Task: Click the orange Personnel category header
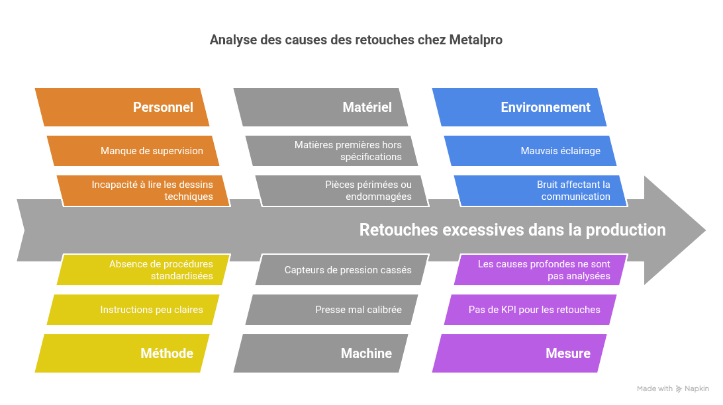122,107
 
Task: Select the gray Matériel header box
321,107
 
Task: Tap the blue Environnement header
520,107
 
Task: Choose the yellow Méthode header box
122,353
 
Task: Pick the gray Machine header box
321,353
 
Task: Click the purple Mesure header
520,353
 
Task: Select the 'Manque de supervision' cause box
133,151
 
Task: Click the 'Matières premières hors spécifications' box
332,151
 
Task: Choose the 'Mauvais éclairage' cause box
530,151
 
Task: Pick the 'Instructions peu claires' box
133,310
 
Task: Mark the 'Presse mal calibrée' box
332,310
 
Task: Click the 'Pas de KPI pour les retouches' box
530,310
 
